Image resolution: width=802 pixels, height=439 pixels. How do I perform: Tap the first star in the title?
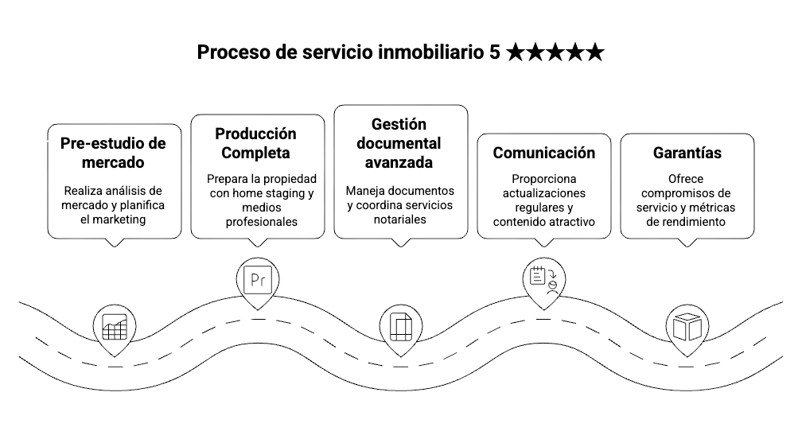pyautogui.click(x=515, y=52)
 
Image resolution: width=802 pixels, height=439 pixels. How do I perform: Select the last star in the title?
pyautogui.click(x=594, y=52)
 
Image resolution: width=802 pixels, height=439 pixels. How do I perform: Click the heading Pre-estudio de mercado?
pyautogui.click(x=113, y=153)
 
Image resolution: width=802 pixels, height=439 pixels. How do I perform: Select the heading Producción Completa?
pyautogui.click(x=256, y=143)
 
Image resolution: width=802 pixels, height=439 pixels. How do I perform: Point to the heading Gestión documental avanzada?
pyautogui.click(x=399, y=143)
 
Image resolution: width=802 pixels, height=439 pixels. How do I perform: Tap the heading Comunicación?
pyautogui.click(x=543, y=153)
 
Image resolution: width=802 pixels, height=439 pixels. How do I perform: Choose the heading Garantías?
pyautogui.click(x=687, y=153)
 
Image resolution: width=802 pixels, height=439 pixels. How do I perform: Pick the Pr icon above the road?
pyautogui.click(x=257, y=279)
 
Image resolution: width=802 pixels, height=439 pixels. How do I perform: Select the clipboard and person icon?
pyautogui.click(x=543, y=278)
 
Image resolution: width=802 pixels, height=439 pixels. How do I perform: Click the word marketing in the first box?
pyautogui.click(x=117, y=219)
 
